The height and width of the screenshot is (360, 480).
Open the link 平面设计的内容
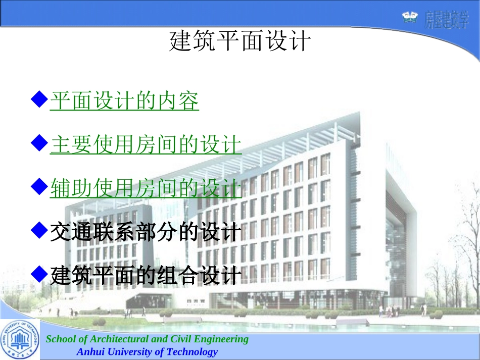pyautogui.click(x=124, y=101)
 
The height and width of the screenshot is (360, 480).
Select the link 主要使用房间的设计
pyautogui.click(x=146, y=145)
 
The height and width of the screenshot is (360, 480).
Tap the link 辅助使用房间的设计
pyautogui.click(x=146, y=189)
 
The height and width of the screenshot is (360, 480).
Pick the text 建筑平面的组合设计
pyautogui.click(x=146, y=276)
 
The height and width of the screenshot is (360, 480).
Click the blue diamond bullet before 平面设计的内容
pyautogui.click(x=39, y=99)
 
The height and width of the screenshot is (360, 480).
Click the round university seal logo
pyautogui.click(x=20, y=339)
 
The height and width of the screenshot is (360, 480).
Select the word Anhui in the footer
pyautogui.click(x=90, y=352)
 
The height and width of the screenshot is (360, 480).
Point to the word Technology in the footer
pyautogui.click(x=192, y=352)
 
